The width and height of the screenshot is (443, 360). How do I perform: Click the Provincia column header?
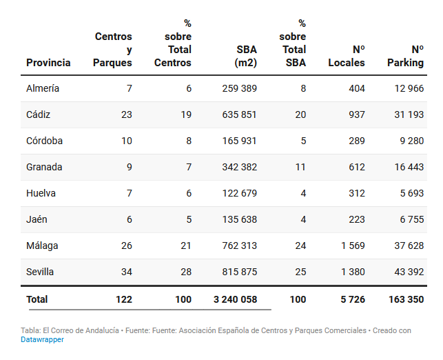(48, 63)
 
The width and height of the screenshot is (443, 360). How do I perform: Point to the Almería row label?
(43, 88)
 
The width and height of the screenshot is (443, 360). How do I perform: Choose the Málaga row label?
(42, 246)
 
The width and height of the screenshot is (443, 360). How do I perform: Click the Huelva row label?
(41, 193)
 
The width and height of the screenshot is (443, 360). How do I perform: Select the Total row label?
(37, 299)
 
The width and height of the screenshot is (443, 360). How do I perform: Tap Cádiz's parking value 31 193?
(409, 114)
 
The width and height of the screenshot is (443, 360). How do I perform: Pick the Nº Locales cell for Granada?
(357, 167)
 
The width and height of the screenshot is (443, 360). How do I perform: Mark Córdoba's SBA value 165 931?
(240, 141)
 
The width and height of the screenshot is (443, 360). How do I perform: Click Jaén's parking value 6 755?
(412, 219)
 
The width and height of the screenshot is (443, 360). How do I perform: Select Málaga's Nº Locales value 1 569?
(352, 246)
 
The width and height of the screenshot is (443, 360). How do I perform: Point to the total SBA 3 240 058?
(235, 299)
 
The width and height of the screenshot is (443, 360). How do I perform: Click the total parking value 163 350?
(406, 299)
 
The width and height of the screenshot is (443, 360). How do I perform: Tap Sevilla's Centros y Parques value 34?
(126, 272)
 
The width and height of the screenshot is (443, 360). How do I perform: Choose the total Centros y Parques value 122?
(123, 299)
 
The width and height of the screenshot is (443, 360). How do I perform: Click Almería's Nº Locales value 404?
(357, 88)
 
